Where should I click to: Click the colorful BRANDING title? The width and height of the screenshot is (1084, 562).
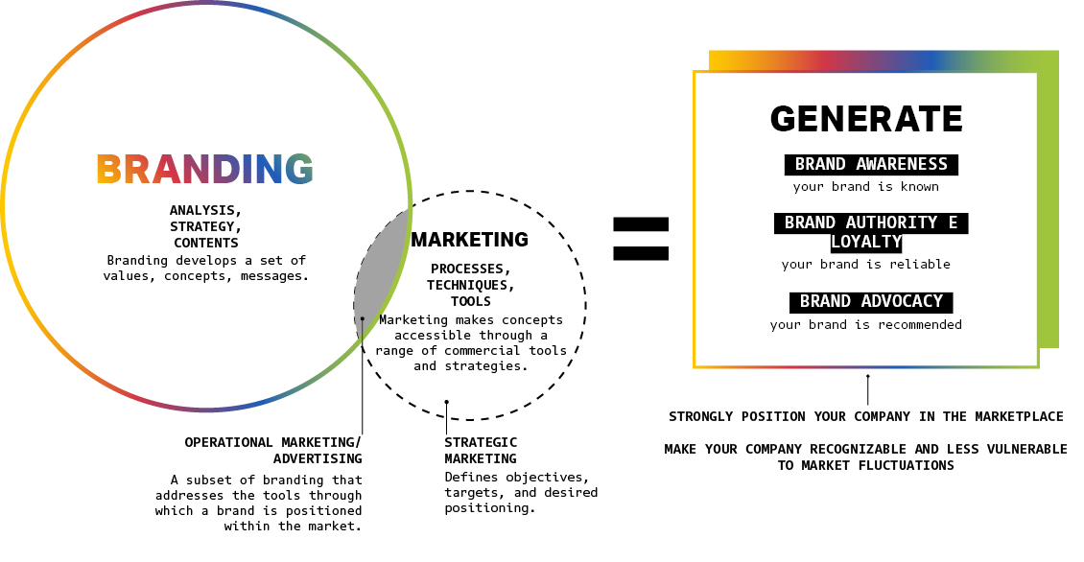tap(205, 170)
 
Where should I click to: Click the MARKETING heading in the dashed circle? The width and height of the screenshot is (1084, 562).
tap(469, 240)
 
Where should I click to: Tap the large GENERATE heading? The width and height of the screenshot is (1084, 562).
tap(866, 119)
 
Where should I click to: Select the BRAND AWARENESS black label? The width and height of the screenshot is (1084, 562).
tap(871, 165)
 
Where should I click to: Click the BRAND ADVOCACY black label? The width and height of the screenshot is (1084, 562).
tap(871, 301)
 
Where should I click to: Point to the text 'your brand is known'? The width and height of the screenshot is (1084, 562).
tap(865, 187)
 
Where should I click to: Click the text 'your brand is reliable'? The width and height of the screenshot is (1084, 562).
tap(865, 265)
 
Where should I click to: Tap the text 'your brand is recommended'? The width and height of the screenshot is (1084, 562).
tap(865, 325)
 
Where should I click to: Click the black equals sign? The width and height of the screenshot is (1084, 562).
tap(641, 238)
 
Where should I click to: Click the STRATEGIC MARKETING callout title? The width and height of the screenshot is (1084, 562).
tap(481, 451)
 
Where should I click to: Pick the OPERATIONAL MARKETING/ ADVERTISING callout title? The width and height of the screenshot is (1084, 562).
tap(273, 451)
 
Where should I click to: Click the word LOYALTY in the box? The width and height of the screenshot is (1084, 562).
tap(866, 242)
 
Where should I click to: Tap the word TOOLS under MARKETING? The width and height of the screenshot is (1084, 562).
tap(470, 301)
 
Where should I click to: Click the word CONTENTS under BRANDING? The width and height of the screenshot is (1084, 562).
tap(206, 244)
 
